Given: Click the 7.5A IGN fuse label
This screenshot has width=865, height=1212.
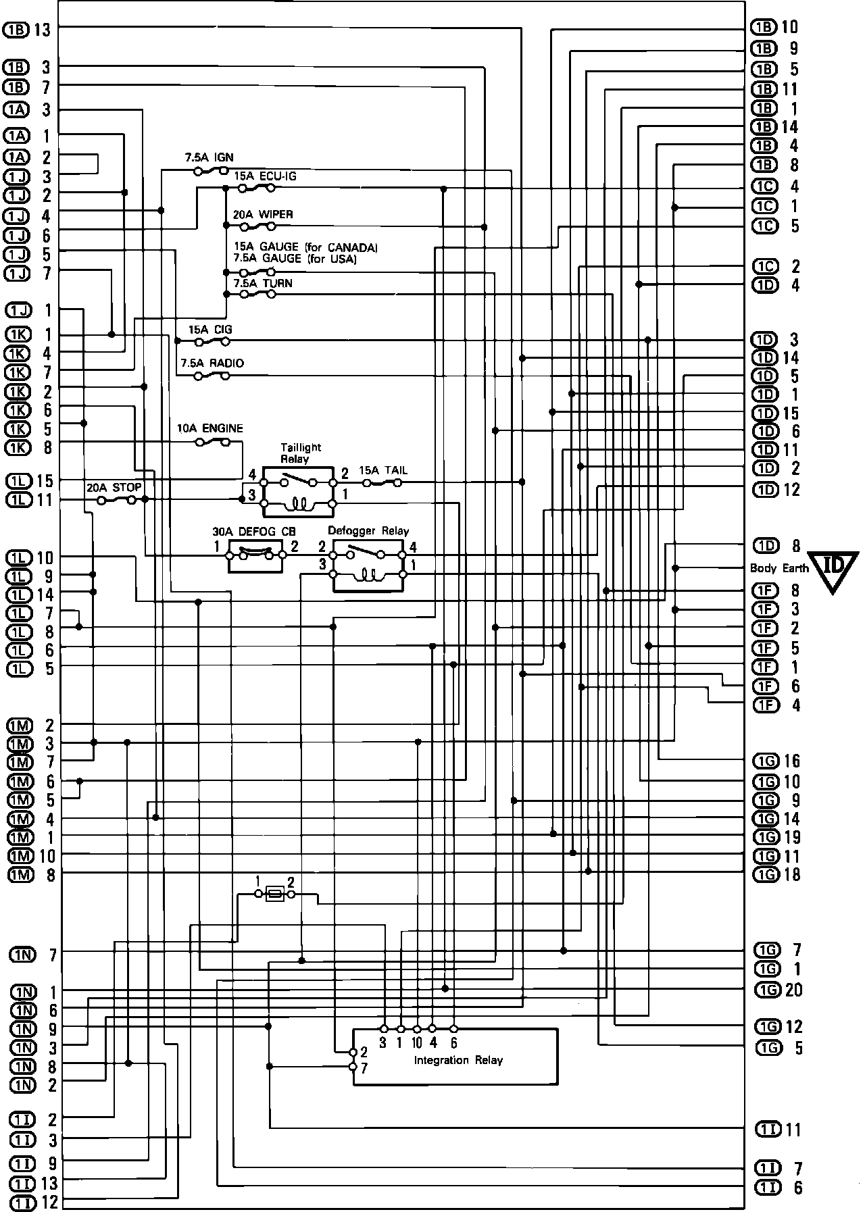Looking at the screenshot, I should [x=209, y=157].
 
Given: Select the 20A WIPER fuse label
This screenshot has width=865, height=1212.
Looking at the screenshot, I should [x=263, y=215].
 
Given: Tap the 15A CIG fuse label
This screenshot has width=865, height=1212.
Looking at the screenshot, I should [x=210, y=330].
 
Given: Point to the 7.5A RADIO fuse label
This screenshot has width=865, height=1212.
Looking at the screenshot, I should [x=212, y=363].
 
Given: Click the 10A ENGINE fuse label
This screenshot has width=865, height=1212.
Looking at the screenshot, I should [x=210, y=428].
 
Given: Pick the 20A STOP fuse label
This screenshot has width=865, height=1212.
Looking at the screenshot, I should [x=114, y=487].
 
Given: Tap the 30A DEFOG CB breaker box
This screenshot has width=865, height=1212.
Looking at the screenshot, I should [x=255, y=555].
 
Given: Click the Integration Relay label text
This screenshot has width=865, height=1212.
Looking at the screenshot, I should [x=458, y=1061].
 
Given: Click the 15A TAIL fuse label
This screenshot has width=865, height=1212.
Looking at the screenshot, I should [x=383, y=470].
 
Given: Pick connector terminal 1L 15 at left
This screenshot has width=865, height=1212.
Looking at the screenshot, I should [x=30, y=481].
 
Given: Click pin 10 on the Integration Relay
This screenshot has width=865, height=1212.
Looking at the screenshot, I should [x=417, y=1030].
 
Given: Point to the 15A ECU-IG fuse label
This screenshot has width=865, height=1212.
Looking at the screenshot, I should [x=265, y=176].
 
